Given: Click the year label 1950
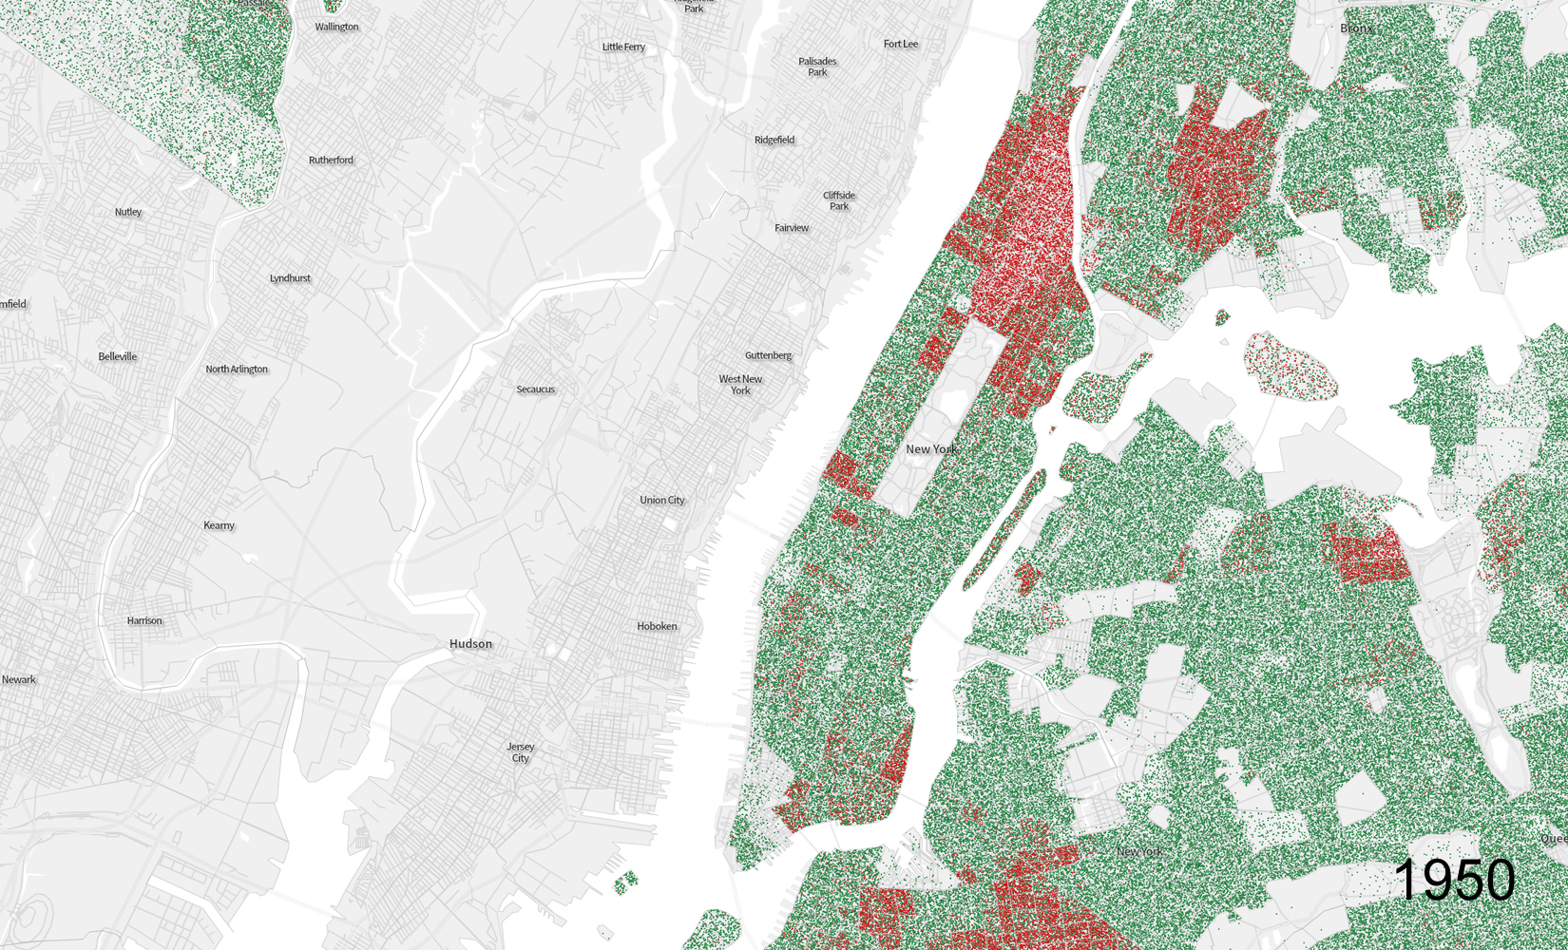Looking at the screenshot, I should click(x=1454, y=880).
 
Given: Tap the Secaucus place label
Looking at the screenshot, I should click(x=535, y=389).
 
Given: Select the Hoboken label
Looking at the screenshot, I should click(x=657, y=626).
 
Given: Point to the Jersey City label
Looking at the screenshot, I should click(x=520, y=752).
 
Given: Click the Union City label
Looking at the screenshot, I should click(x=661, y=500).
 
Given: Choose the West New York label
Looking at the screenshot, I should click(x=740, y=385).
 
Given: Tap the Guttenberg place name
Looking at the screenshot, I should click(x=768, y=355).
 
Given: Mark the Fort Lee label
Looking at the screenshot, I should click(x=900, y=44).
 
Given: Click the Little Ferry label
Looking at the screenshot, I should click(x=623, y=47).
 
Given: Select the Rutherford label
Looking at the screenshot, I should click(x=331, y=160).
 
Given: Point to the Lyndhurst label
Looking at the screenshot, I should click(x=290, y=278).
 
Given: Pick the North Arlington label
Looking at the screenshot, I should click(x=237, y=369).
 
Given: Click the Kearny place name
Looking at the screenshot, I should click(x=219, y=525).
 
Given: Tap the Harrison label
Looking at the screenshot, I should click(x=144, y=620).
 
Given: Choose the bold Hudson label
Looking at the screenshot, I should click(x=470, y=644).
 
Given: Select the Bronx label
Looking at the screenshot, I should click(x=1356, y=28).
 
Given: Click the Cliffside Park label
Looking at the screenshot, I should click(x=839, y=200).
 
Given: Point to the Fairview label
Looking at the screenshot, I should click(x=792, y=228).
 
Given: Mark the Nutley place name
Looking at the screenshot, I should click(x=128, y=212).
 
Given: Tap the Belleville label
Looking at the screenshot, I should click(x=118, y=356).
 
